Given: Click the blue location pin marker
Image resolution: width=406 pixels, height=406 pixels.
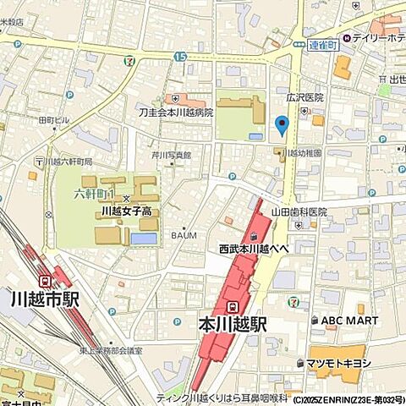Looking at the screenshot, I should click(x=282, y=126).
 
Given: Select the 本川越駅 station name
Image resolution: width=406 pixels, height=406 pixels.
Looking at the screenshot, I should click(x=233, y=323).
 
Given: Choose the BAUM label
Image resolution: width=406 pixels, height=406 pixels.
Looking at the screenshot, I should click(x=184, y=234).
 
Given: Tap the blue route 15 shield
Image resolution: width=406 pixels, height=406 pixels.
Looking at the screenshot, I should click(x=179, y=56).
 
